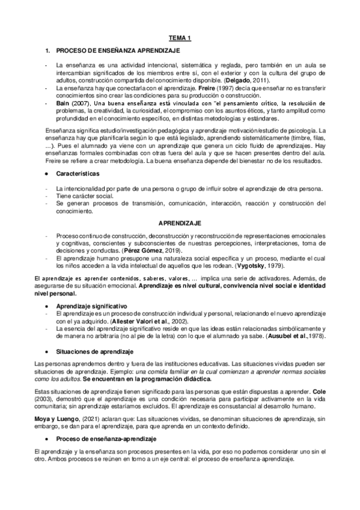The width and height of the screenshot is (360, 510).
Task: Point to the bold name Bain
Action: (x=63, y=103)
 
